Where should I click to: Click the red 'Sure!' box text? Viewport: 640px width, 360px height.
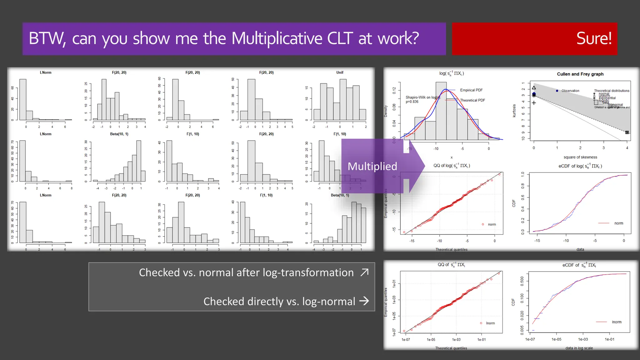point(593,38)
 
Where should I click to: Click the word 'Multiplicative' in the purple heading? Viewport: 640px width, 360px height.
point(277,38)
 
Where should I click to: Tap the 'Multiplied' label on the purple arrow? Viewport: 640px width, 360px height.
point(372,166)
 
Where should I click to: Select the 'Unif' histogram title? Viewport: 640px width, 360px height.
point(340,72)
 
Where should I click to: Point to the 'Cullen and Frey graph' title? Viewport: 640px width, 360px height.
point(580,74)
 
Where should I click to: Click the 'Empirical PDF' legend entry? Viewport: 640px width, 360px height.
point(471,90)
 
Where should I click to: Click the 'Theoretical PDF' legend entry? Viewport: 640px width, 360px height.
point(472,100)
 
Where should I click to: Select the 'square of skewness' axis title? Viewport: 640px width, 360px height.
point(580,157)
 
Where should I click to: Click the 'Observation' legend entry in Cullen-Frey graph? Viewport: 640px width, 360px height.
point(570,91)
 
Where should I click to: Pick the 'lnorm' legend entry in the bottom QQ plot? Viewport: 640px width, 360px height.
point(490,323)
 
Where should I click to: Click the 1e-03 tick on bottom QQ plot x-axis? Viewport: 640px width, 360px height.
point(456,340)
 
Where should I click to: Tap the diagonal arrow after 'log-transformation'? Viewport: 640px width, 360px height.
point(364,272)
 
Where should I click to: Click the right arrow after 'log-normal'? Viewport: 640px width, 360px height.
point(364,301)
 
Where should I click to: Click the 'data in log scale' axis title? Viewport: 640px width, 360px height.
point(579,348)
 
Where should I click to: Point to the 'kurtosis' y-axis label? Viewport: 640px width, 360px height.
point(514,111)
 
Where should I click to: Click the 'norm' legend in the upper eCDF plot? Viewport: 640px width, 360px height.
point(618,223)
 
